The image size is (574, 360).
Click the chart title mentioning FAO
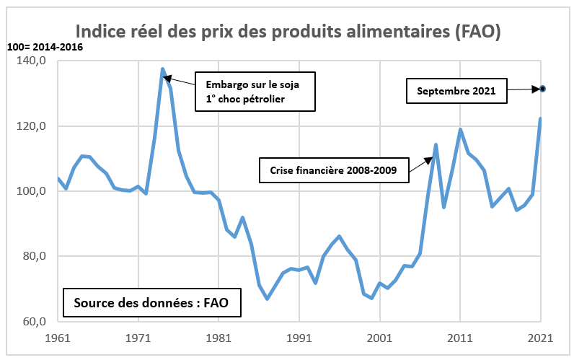coord(288,31)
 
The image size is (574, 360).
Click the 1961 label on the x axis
coord(57,337)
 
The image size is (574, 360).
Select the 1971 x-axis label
coord(138,337)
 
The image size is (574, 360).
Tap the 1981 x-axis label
coord(218,337)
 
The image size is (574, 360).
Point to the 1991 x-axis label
coord(299,337)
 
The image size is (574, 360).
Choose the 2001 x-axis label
coord(379,337)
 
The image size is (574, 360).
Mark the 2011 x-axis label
coord(459,337)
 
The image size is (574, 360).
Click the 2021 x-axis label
coord(540,337)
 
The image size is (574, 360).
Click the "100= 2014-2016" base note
coord(45,48)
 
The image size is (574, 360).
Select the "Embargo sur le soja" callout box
coord(256,92)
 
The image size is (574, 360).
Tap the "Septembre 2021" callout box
coord(456,92)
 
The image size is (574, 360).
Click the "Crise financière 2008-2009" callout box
coord(332,172)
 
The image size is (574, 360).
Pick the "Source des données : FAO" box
coord(151,303)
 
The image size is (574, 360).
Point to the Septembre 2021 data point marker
coord(542,89)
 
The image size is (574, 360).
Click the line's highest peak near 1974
coord(162,69)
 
